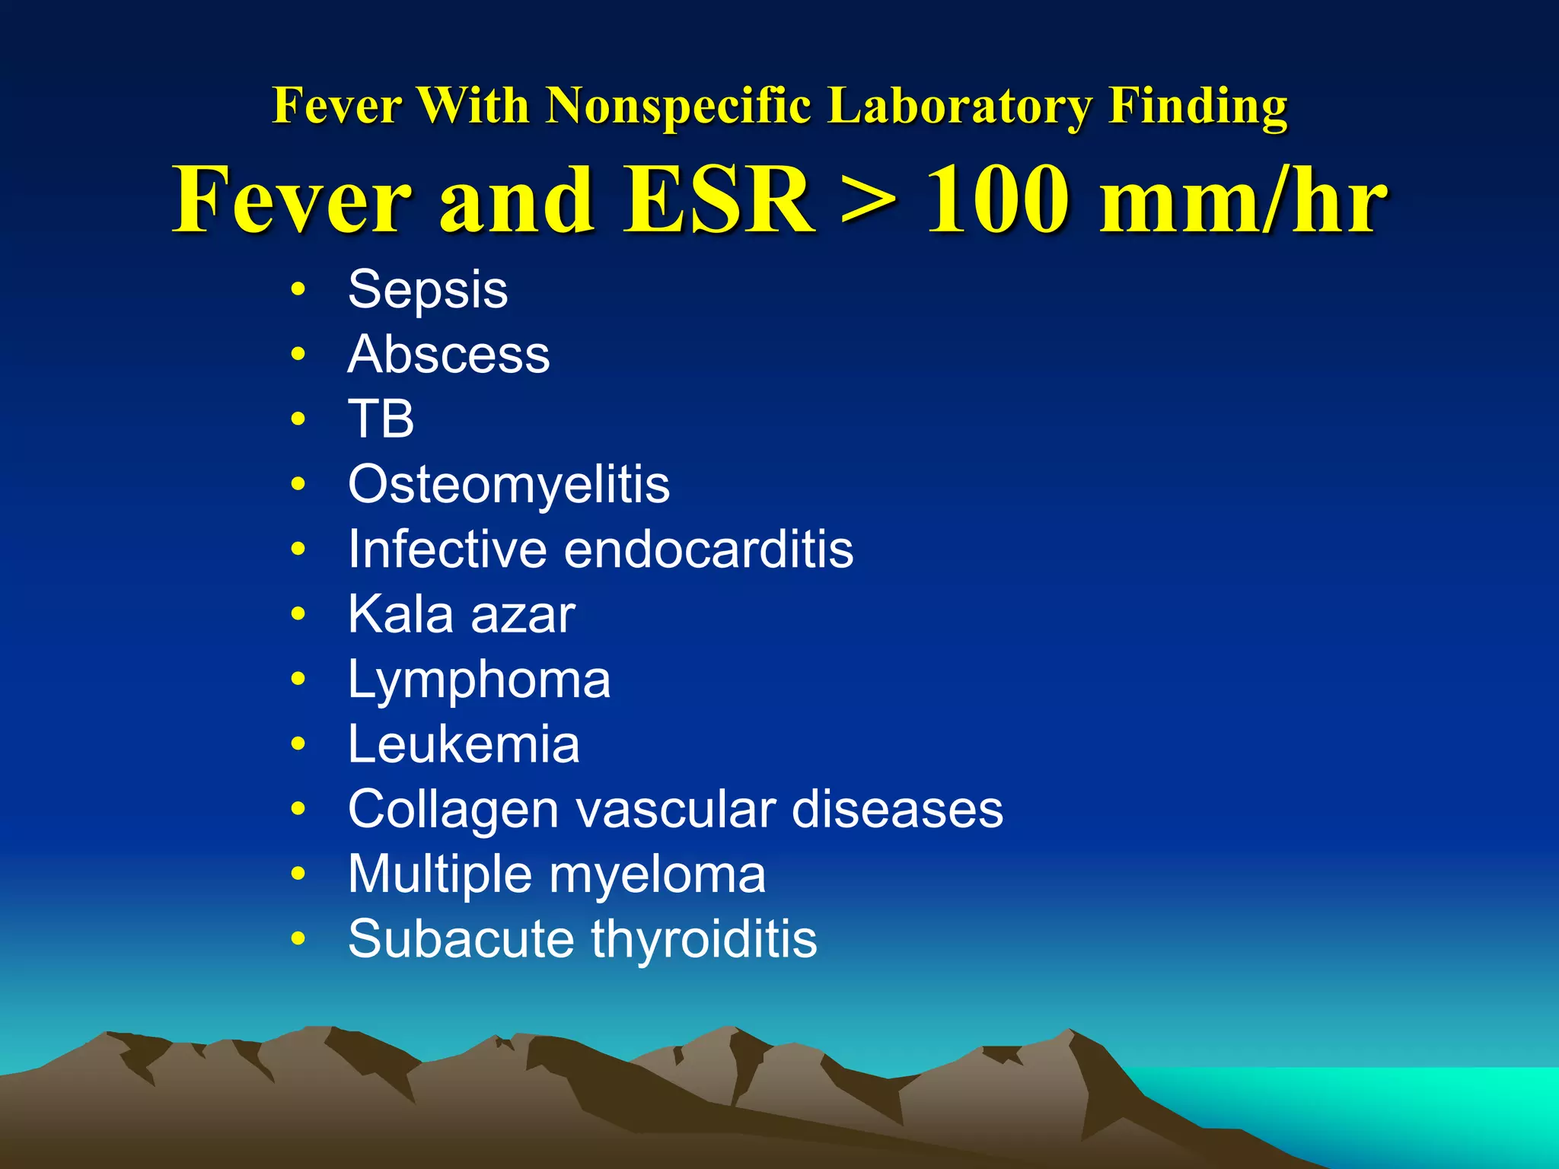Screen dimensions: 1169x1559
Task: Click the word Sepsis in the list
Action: click(x=427, y=290)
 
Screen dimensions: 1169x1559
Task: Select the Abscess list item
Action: click(x=448, y=355)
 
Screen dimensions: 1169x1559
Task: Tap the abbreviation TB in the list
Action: click(x=381, y=419)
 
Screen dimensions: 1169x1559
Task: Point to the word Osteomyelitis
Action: click(x=509, y=484)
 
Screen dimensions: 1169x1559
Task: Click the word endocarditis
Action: click(x=709, y=549)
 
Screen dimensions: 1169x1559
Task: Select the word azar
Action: click(x=523, y=614)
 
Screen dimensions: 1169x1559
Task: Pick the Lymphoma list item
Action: click(x=479, y=680)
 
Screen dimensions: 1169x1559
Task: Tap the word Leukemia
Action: click(x=464, y=744)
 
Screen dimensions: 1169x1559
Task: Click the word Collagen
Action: click(x=454, y=809)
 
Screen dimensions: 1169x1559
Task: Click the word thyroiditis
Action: click(x=704, y=938)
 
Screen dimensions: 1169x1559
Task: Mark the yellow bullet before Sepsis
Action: click(x=298, y=290)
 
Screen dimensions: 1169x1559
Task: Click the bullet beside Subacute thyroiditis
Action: click(x=298, y=938)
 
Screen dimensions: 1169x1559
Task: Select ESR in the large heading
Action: click(x=719, y=199)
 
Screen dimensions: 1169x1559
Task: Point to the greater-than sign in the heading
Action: click(x=869, y=201)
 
